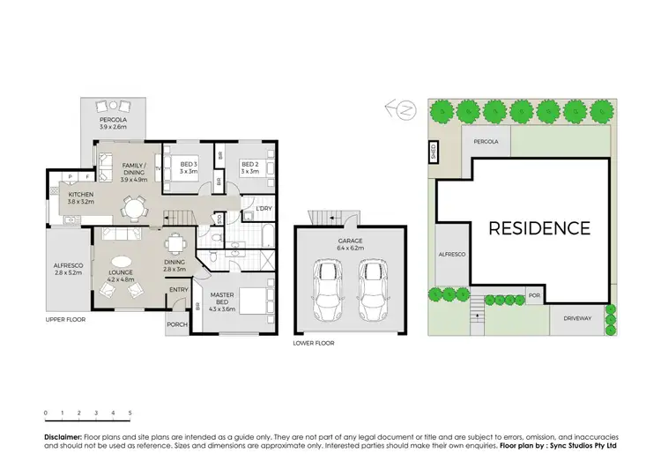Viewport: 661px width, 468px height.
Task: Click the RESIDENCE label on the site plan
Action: [539, 228]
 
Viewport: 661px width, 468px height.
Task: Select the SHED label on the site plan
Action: [433, 152]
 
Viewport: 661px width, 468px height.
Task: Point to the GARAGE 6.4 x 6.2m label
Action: [349, 244]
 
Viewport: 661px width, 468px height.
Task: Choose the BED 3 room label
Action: [188, 167]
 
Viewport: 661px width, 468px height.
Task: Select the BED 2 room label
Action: [249, 167]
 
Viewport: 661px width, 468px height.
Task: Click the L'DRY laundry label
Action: [263, 208]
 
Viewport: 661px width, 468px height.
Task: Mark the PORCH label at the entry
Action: [176, 326]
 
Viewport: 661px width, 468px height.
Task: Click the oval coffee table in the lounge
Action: [121, 262]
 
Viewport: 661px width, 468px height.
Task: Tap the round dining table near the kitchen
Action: [133, 209]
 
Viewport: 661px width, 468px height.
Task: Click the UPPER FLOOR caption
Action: [65, 320]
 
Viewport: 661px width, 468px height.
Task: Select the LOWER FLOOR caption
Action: [313, 342]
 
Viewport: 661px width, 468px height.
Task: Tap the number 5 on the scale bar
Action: [130, 412]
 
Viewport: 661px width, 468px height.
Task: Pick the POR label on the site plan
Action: [533, 295]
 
